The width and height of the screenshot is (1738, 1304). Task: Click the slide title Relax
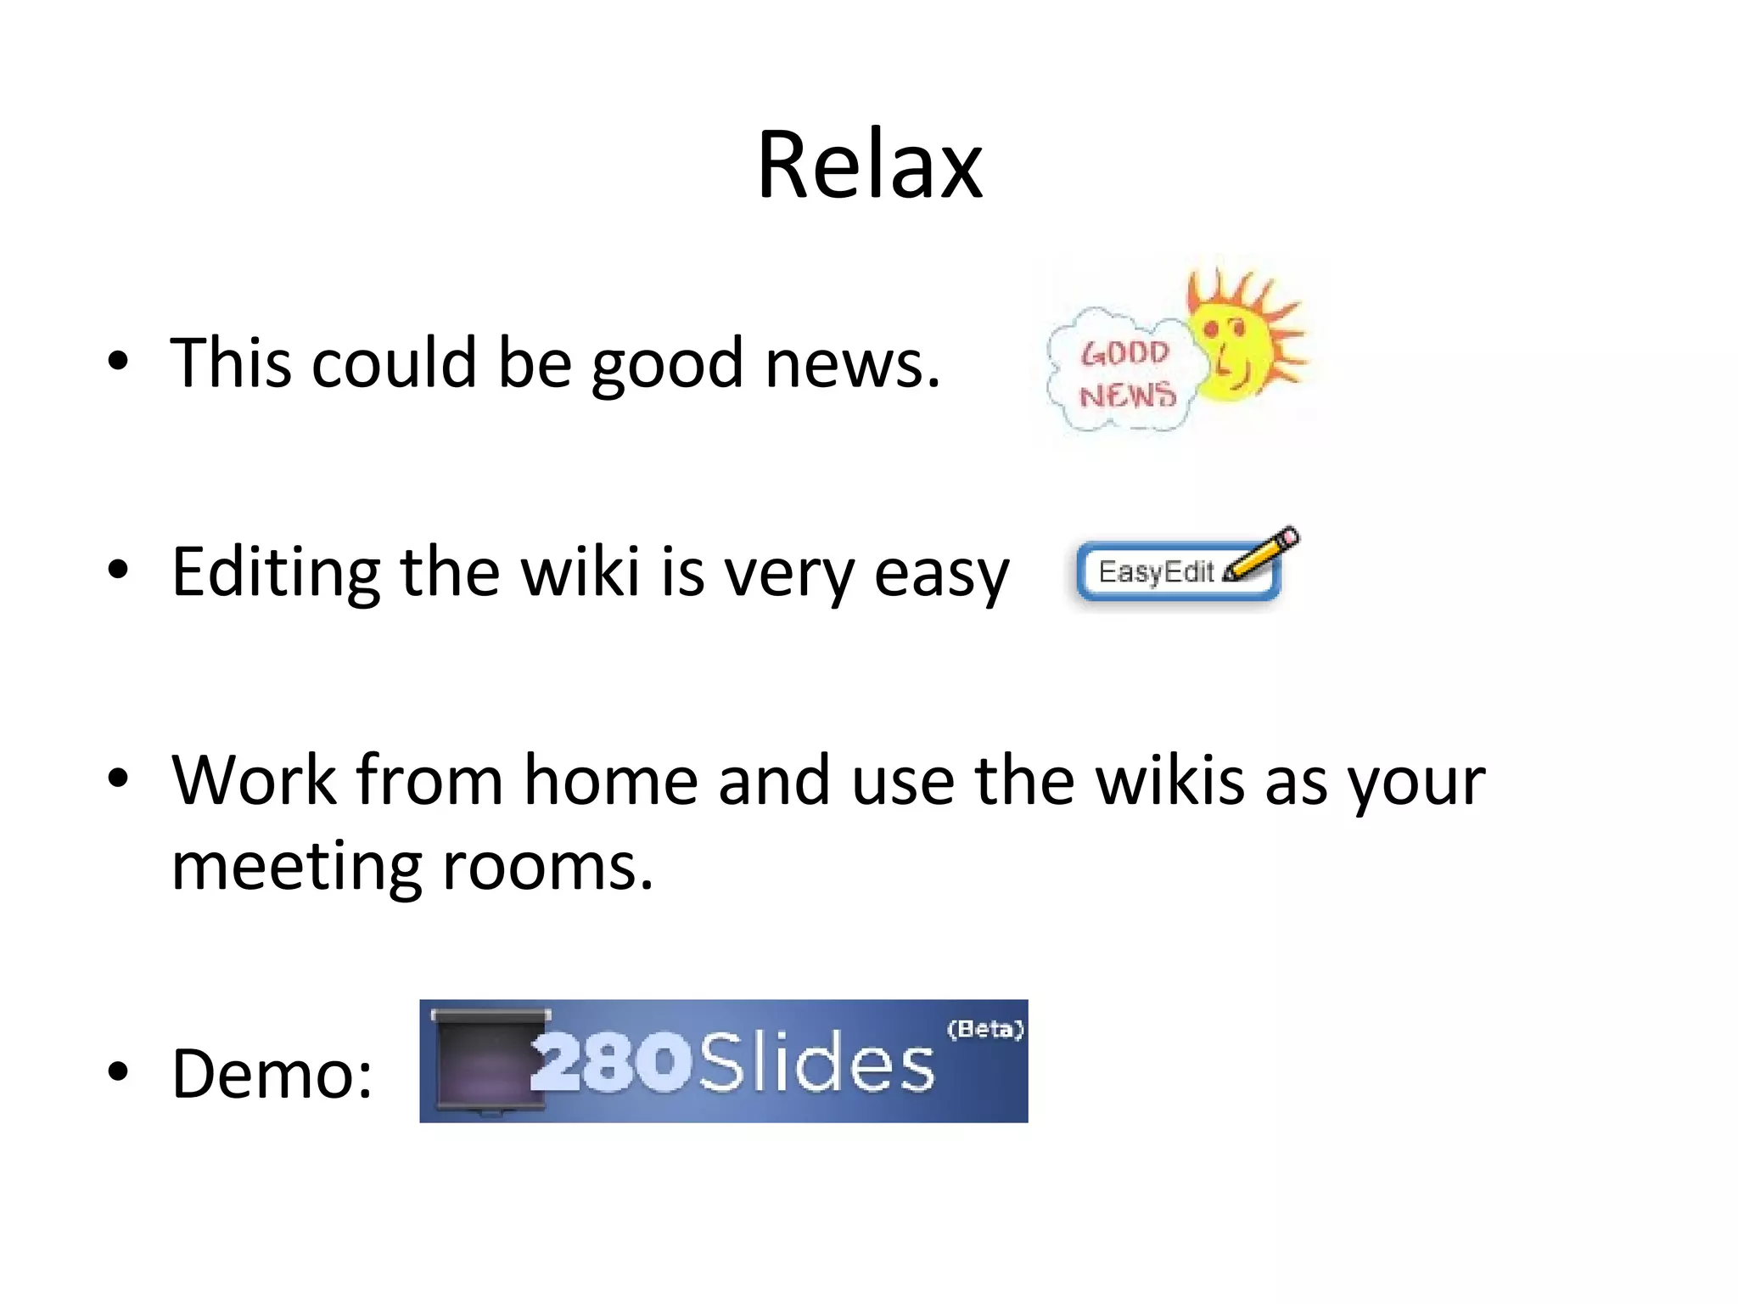[x=869, y=166]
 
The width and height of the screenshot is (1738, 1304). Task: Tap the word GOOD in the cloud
[x=1124, y=353]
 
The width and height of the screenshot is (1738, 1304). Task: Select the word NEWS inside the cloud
[x=1128, y=395]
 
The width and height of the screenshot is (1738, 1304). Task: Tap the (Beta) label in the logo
[x=985, y=1030]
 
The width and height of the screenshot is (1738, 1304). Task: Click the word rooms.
[x=547, y=868]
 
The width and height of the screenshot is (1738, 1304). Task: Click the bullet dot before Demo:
[x=118, y=1071]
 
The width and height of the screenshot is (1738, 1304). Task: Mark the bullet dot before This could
[x=118, y=360]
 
